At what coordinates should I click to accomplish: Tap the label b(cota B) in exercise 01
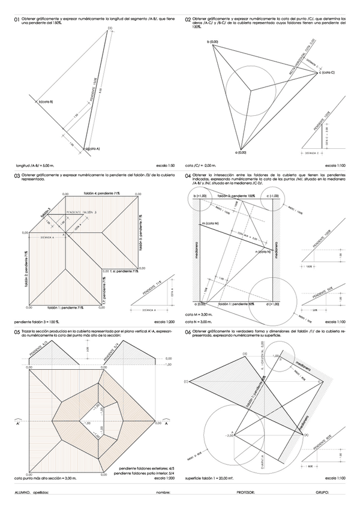tap(46, 101)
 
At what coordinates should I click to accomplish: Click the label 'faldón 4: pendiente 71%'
tap(101, 193)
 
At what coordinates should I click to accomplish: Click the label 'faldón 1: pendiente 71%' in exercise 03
tap(65, 307)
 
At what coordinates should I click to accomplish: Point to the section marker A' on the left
tap(20, 423)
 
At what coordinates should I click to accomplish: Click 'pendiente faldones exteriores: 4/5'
tap(146, 468)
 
